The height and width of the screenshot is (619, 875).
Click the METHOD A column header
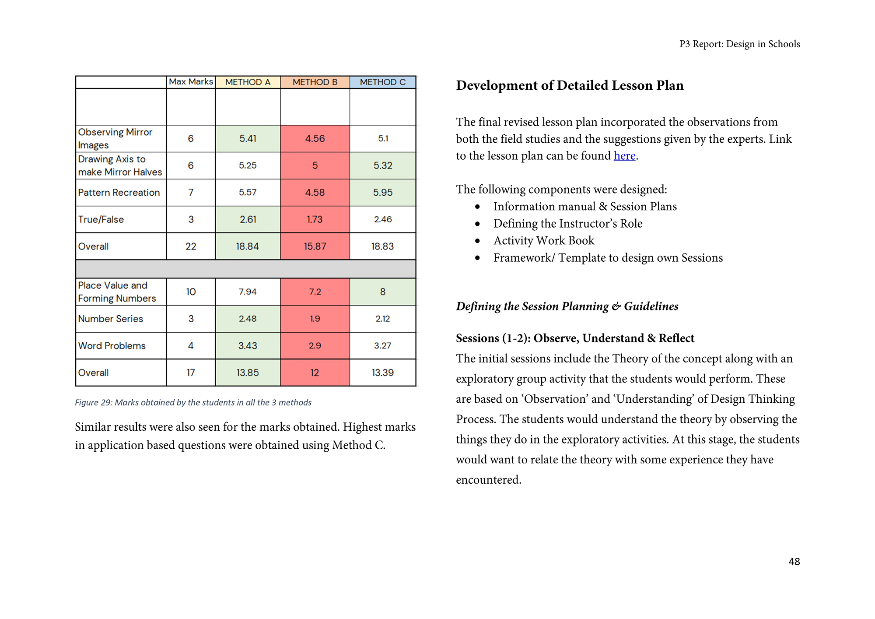[248, 82]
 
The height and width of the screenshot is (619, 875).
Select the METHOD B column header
[315, 82]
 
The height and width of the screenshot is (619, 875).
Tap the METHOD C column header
[383, 82]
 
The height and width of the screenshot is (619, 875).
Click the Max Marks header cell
[191, 82]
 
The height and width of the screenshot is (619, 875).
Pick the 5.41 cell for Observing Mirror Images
[248, 139]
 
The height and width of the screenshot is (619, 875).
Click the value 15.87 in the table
[315, 246]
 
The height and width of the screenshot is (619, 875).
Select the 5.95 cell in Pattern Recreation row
[383, 193]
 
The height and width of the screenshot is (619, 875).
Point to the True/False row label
[101, 220]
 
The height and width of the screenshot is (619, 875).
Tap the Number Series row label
[111, 319]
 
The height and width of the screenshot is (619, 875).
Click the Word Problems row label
[112, 346]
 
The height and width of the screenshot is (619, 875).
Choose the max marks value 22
[191, 246]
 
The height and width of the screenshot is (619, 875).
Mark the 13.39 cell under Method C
[383, 373]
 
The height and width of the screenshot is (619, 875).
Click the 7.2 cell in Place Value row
[315, 292]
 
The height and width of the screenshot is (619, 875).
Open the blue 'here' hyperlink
[624, 156]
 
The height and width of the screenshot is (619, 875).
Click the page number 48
[794, 562]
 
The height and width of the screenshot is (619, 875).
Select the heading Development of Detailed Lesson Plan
[570, 85]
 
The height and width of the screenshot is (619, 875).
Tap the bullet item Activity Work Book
[544, 241]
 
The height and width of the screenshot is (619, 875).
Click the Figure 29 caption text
[193, 403]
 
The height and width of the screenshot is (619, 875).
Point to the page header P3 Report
[739, 44]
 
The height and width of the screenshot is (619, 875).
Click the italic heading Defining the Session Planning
[567, 306]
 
